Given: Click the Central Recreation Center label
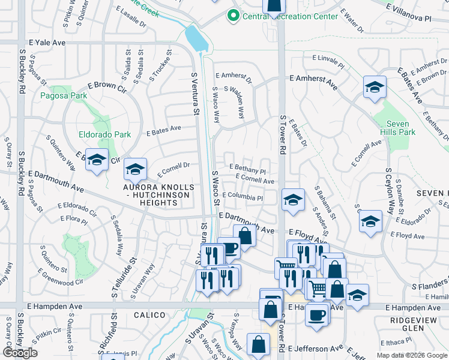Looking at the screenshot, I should point(290,16).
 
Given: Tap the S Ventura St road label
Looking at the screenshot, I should point(194,93).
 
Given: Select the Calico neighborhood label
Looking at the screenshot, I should point(149,315).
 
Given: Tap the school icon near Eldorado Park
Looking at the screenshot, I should point(97,160).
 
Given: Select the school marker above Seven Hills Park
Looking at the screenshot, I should point(374,88).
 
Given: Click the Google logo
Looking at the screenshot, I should point(20,353).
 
